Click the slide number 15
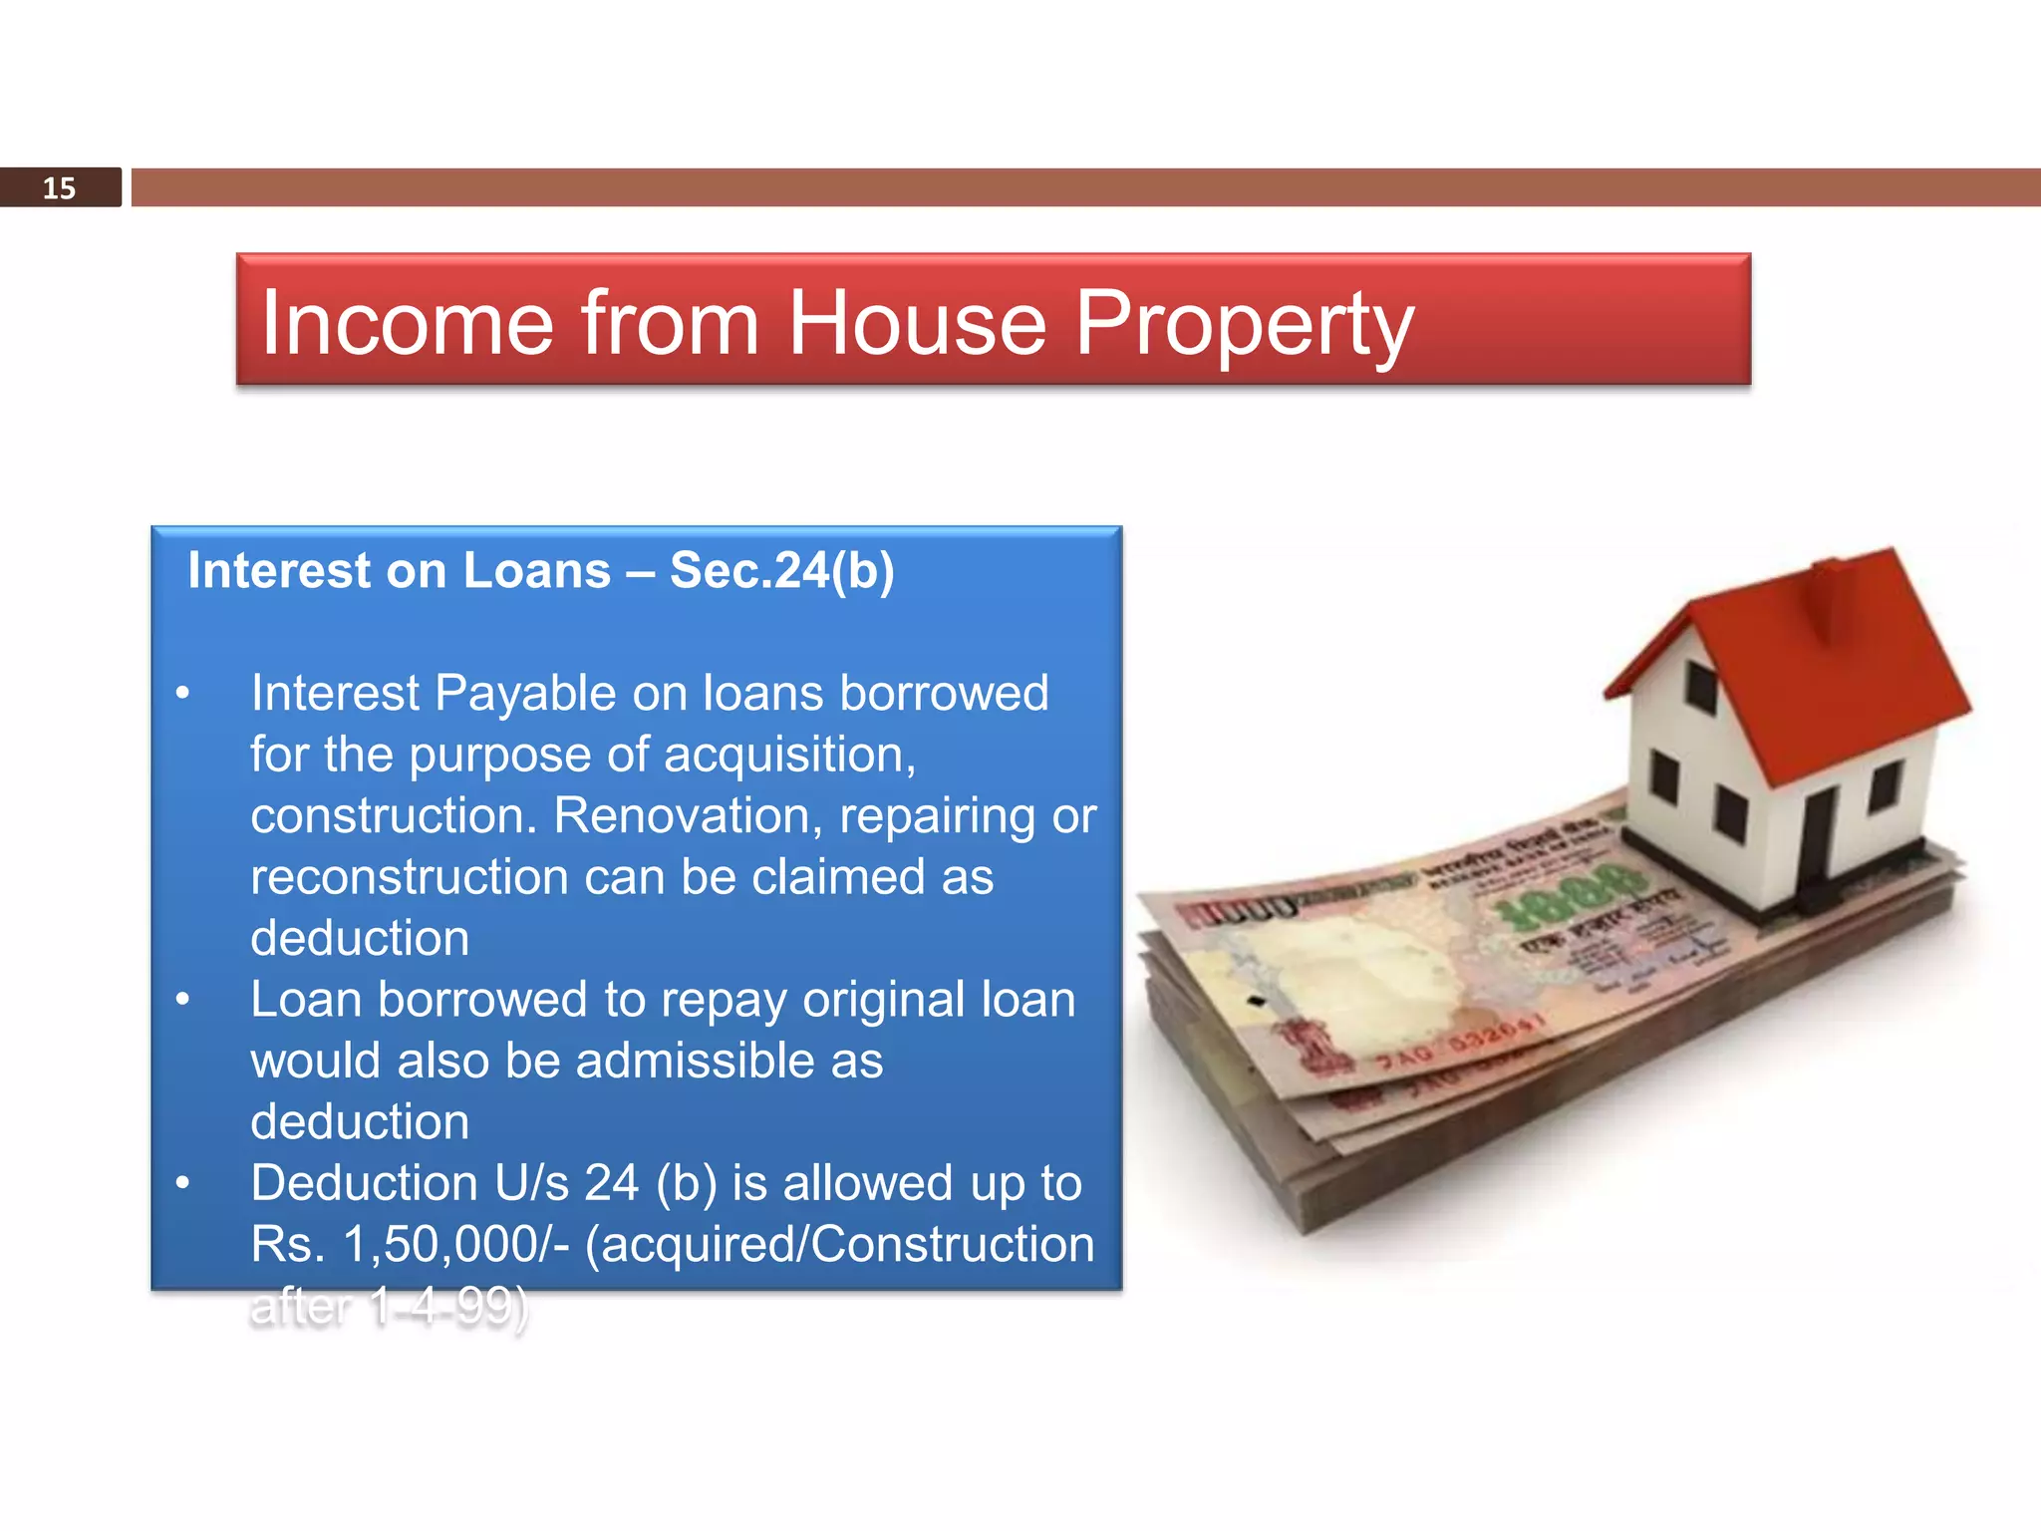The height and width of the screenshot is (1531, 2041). (x=59, y=188)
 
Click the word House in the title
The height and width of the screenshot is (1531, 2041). (x=917, y=323)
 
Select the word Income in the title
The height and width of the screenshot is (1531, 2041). (x=407, y=323)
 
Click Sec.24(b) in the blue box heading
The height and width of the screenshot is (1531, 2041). (x=781, y=571)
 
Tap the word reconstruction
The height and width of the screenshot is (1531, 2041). (x=409, y=878)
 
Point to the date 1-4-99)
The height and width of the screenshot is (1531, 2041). (x=448, y=1307)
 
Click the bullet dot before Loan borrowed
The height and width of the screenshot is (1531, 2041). (x=182, y=999)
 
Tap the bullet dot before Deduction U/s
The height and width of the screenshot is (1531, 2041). (x=182, y=1183)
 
